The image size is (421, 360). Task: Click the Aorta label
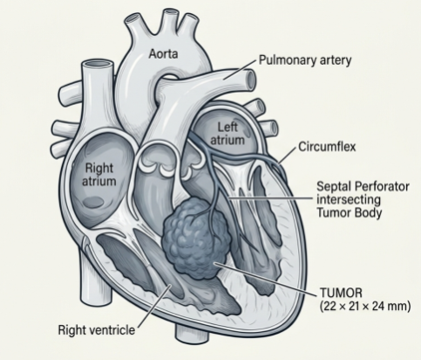163,54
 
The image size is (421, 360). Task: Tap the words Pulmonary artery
305,61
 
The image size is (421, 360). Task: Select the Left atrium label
227,134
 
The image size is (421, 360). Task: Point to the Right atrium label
99,175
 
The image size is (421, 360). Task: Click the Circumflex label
327,147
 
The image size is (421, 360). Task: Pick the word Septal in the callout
332,186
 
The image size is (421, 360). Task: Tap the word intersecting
348,199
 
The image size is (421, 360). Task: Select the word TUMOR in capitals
341,293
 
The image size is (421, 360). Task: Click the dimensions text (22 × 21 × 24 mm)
365,306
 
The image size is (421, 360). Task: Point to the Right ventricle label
97,330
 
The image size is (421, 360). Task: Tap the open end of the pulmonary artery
250,79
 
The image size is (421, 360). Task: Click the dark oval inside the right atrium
94,201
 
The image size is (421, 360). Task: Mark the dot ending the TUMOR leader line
216,263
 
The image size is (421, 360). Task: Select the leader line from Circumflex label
287,155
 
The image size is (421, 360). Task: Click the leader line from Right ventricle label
155,305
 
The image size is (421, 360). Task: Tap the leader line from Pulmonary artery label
240,70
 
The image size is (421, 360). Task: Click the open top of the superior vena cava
99,64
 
